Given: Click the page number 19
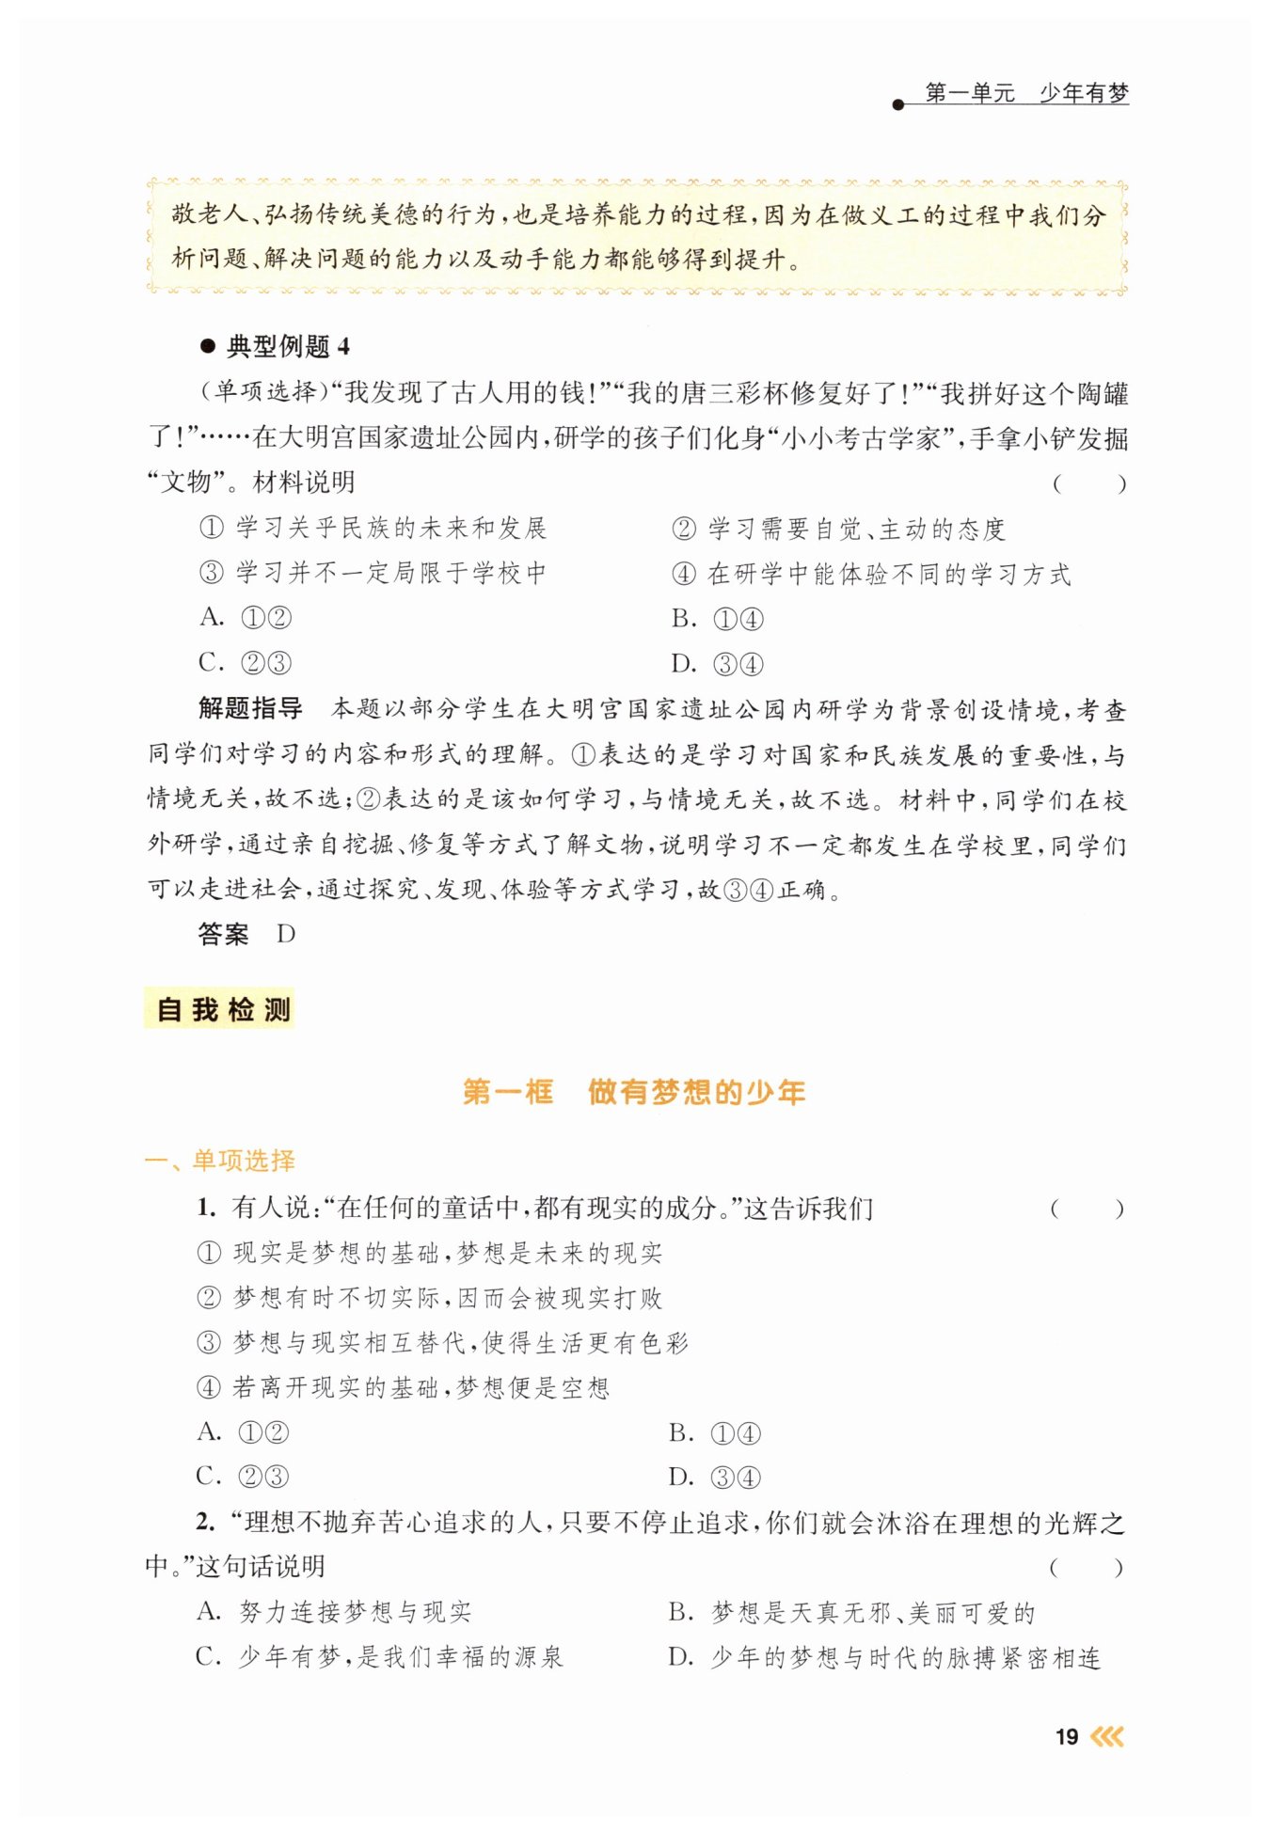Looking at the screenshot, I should click(x=1066, y=1736).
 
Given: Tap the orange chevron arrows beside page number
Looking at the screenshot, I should click(x=1107, y=1736).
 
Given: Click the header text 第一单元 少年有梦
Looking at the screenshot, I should click(x=1026, y=93).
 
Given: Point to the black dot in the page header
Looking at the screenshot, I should click(x=897, y=104).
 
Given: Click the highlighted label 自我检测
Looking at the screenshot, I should click(x=222, y=1009).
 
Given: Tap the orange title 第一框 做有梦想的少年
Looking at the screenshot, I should click(x=634, y=1092).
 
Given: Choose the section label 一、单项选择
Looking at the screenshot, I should click(x=220, y=1161).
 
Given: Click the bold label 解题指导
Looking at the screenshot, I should click(x=250, y=708).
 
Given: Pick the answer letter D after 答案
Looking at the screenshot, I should click(x=286, y=934).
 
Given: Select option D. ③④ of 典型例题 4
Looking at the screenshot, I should click(x=717, y=664).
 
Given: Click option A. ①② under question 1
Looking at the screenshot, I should click(x=243, y=1432).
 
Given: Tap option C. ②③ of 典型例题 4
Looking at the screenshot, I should click(x=245, y=663).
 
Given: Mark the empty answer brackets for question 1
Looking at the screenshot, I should click(x=1087, y=1209).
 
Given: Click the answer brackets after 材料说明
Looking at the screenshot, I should click(x=1088, y=484).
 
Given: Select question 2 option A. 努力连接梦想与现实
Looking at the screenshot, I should click(x=334, y=1612).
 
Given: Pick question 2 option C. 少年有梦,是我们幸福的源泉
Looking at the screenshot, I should click(x=379, y=1657).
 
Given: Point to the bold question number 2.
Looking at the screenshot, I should click(x=206, y=1523).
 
